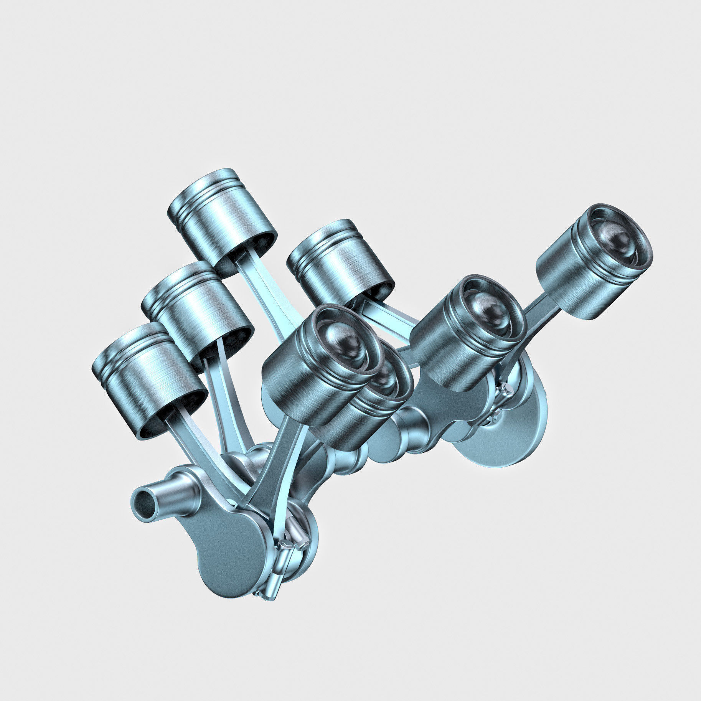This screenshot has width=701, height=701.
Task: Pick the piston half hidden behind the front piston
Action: (368, 414)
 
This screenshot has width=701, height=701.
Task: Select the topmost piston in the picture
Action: (223, 219)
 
